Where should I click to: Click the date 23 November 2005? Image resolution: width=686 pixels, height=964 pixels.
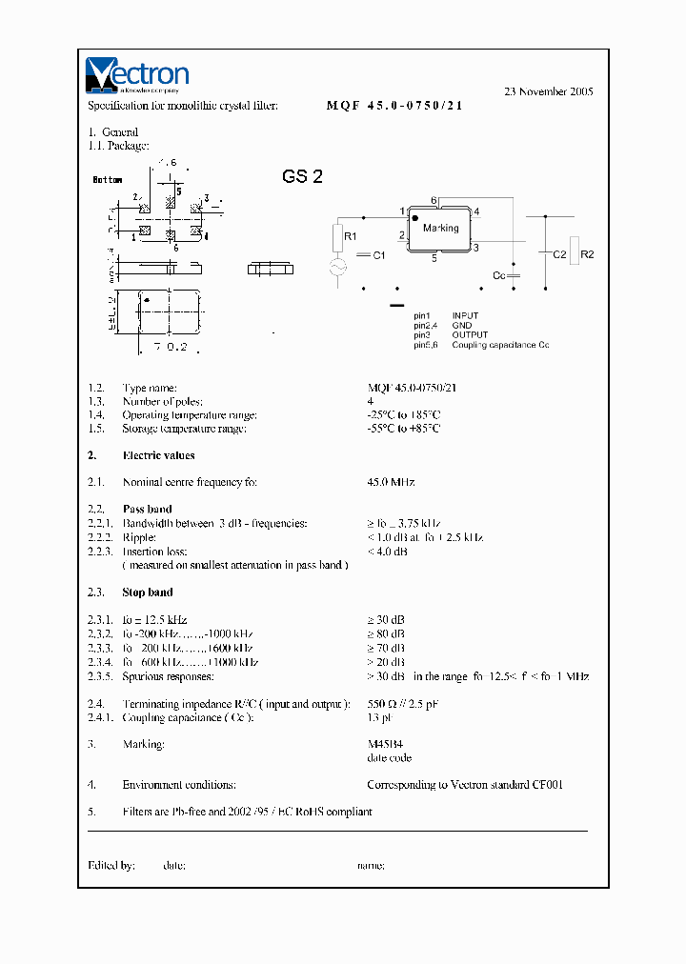point(548,91)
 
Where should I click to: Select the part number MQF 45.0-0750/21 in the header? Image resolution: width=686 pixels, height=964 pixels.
point(394,106)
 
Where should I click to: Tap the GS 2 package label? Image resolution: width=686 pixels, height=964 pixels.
point(302,176)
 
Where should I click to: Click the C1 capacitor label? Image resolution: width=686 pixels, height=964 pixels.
point(378,255)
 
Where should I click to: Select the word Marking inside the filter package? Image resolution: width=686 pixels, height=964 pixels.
point(441,229)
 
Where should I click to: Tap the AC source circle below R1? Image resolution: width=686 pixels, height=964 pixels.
point(336,268)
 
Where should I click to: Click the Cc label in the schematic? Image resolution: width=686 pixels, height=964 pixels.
point(498,274)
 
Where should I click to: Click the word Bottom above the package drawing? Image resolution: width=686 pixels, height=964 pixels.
point(108,180)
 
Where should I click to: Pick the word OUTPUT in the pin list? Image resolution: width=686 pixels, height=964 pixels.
point(470,335)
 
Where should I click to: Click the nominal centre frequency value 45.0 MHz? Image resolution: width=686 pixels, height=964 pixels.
point(391,483)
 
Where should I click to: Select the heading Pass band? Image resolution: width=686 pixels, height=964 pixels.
point(148,510)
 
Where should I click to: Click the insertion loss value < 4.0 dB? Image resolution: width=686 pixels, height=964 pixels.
point(388,552)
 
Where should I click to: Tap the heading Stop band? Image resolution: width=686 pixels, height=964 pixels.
point(148,592)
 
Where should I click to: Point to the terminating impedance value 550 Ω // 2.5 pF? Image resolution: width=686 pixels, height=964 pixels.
point(403,704)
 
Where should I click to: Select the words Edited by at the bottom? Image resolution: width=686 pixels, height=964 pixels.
point(111,865)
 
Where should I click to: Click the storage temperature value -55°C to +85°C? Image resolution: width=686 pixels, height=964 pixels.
point(404,429)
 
